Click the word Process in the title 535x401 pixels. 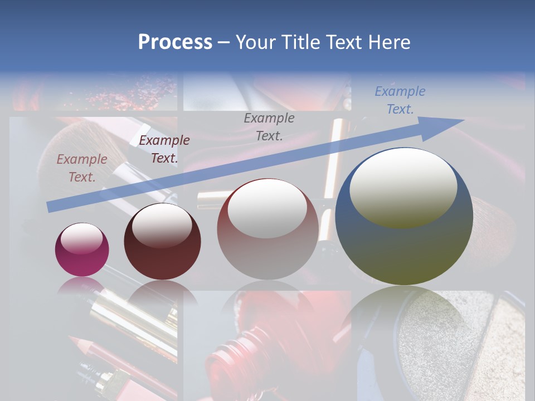[x=175, y=42]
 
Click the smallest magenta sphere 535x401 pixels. [x=82, y=250]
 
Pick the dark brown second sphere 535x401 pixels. [x=162, y=242]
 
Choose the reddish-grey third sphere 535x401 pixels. [x=267, y=229]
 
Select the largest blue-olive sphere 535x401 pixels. [x=404, y=217]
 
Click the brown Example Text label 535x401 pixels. [x=82, y=168]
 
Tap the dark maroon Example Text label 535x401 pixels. [x=164, y=149]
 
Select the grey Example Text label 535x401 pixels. [x=269, y=126]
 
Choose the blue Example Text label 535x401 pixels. [x=400, y=100]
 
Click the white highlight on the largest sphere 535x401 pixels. [x=403, y=188]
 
